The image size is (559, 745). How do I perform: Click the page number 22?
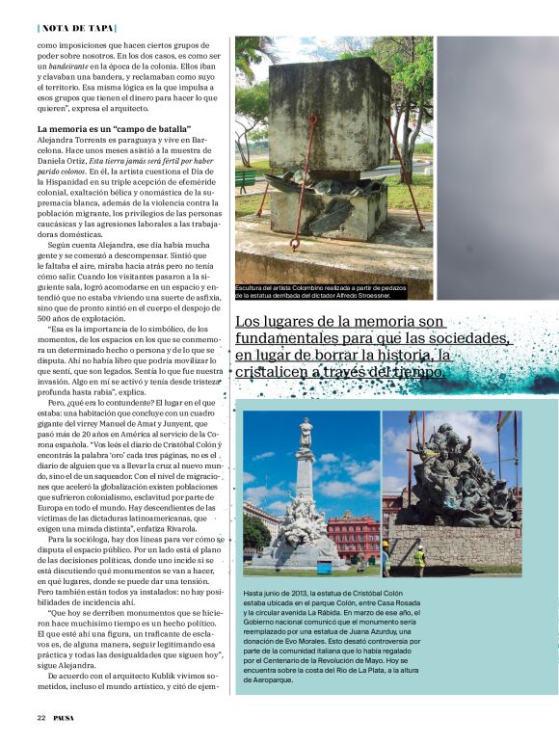[x=41, y=717]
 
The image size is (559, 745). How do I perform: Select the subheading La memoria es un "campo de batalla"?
[x=115, y=128]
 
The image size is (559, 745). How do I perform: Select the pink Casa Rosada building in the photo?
[x=354, y=535]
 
